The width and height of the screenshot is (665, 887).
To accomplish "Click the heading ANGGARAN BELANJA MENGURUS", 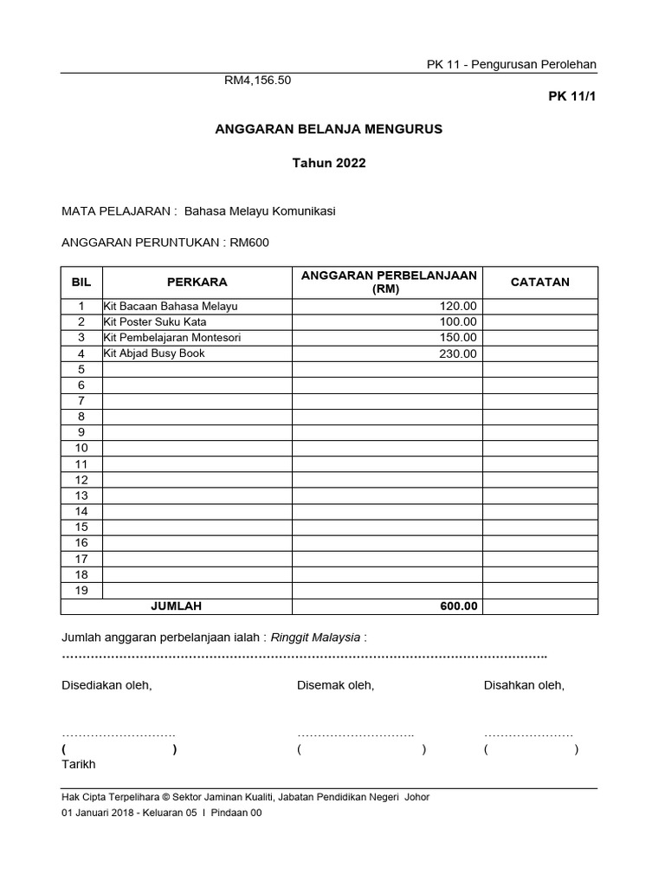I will (x=328, y=128).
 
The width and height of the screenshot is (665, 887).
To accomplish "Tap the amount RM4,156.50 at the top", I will (x=258, y=81).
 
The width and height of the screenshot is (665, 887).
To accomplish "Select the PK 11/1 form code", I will (x=572, y=96).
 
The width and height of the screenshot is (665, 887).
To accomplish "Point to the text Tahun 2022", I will (x=329, y=163).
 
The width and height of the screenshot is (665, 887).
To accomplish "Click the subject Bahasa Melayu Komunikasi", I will (x=266, y=210).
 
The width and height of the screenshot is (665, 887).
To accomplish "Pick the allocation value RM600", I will (x=250, y=243).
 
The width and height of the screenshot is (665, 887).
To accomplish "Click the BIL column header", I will (x=81, y=282).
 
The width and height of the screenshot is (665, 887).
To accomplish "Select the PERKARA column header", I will (x=197, y=282).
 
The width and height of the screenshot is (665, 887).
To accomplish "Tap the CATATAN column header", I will (x=539, y=282).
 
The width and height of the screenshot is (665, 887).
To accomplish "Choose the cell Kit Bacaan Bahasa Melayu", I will (x=171, y=307).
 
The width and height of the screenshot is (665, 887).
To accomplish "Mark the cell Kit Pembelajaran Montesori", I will (x=172, y=338).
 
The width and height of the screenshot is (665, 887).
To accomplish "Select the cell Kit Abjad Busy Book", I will (x=154, y=353).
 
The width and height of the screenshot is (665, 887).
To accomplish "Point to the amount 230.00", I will (x=457, y=354).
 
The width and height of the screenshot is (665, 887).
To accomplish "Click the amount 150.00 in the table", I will (x=457, y=338).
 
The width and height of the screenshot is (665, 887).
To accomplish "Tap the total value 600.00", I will (x=457, y=606).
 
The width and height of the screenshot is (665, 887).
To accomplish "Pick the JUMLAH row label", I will (x=176, y=606).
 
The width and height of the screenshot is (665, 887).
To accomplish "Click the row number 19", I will (x=81, y=590).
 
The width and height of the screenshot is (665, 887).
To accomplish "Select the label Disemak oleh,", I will (x=335, y=685).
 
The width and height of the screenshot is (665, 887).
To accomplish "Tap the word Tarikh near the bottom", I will (x=79, y=764).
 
